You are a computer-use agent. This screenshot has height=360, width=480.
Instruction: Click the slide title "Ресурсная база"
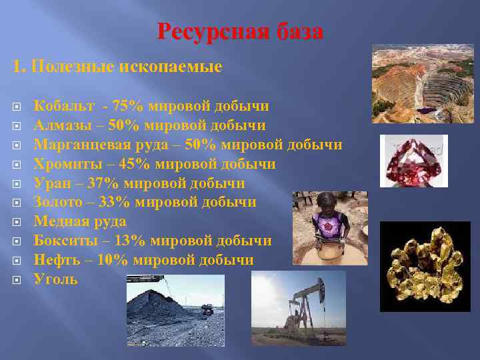pyautogui.click(x=240, y=31)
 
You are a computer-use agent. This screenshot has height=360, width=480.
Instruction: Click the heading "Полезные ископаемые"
pyautogui.click(x=127, y=67)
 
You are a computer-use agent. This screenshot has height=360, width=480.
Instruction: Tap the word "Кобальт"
pyautogui.click(x=65, y=105)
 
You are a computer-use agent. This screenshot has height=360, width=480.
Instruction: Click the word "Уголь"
pyautogui.click(x=55, y=279)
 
